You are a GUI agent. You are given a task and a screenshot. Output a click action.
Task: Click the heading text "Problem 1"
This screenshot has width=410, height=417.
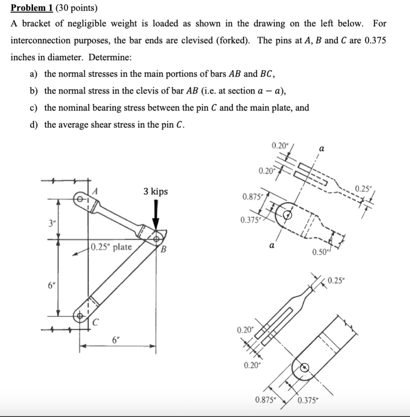(30, 8)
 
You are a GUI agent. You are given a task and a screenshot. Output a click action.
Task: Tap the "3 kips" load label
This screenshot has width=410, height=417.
(156, 192)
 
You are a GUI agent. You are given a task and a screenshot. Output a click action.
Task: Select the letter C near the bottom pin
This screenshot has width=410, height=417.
(94, 322)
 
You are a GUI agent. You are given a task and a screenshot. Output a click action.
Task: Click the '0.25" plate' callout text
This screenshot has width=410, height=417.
(111, 247)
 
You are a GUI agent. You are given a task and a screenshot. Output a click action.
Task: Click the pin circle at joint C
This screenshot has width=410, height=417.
(82, 315)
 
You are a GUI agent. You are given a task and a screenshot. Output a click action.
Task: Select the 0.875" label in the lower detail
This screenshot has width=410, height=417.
(265, 399)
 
